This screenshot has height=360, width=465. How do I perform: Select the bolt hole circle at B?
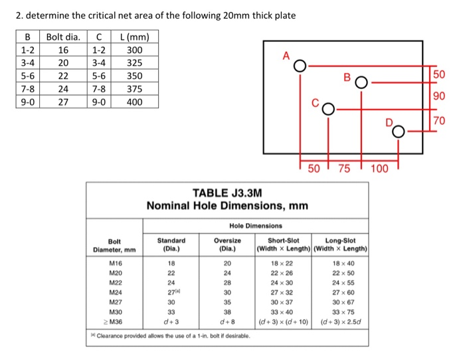361,84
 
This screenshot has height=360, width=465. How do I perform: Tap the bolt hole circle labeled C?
327,110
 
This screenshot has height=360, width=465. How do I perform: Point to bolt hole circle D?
398,132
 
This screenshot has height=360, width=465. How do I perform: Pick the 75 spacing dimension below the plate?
344,168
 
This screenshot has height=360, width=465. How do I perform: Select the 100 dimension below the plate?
379,168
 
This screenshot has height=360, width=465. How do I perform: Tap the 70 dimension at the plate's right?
438,121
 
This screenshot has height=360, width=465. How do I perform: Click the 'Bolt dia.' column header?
64,36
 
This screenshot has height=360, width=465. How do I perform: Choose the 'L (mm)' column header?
135,36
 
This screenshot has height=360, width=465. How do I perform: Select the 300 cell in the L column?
135,49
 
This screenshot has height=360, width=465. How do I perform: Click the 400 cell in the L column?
135,102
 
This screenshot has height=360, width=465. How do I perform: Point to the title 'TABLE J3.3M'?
227,193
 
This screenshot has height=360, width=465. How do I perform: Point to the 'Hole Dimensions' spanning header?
256,226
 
